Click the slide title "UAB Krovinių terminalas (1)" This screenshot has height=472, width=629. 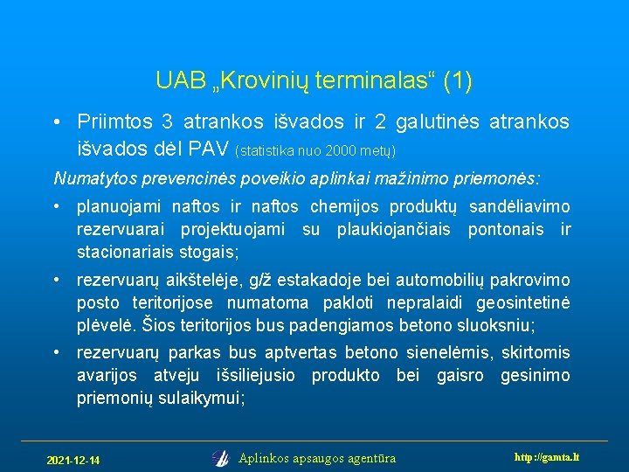pos(314,81)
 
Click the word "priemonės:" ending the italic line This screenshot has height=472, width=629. pos(498,179)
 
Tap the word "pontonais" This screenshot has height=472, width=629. pos(505,230)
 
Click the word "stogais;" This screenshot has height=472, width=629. pos(208,253)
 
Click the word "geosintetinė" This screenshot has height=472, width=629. pos(522,303)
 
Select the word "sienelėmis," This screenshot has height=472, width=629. pos(448,354)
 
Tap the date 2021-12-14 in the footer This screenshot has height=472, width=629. pos(73,460)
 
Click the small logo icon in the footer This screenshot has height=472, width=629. pos(221,457)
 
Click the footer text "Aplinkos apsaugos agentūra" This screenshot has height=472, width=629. pos(317,458)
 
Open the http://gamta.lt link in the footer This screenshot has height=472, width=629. pos(547,457)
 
